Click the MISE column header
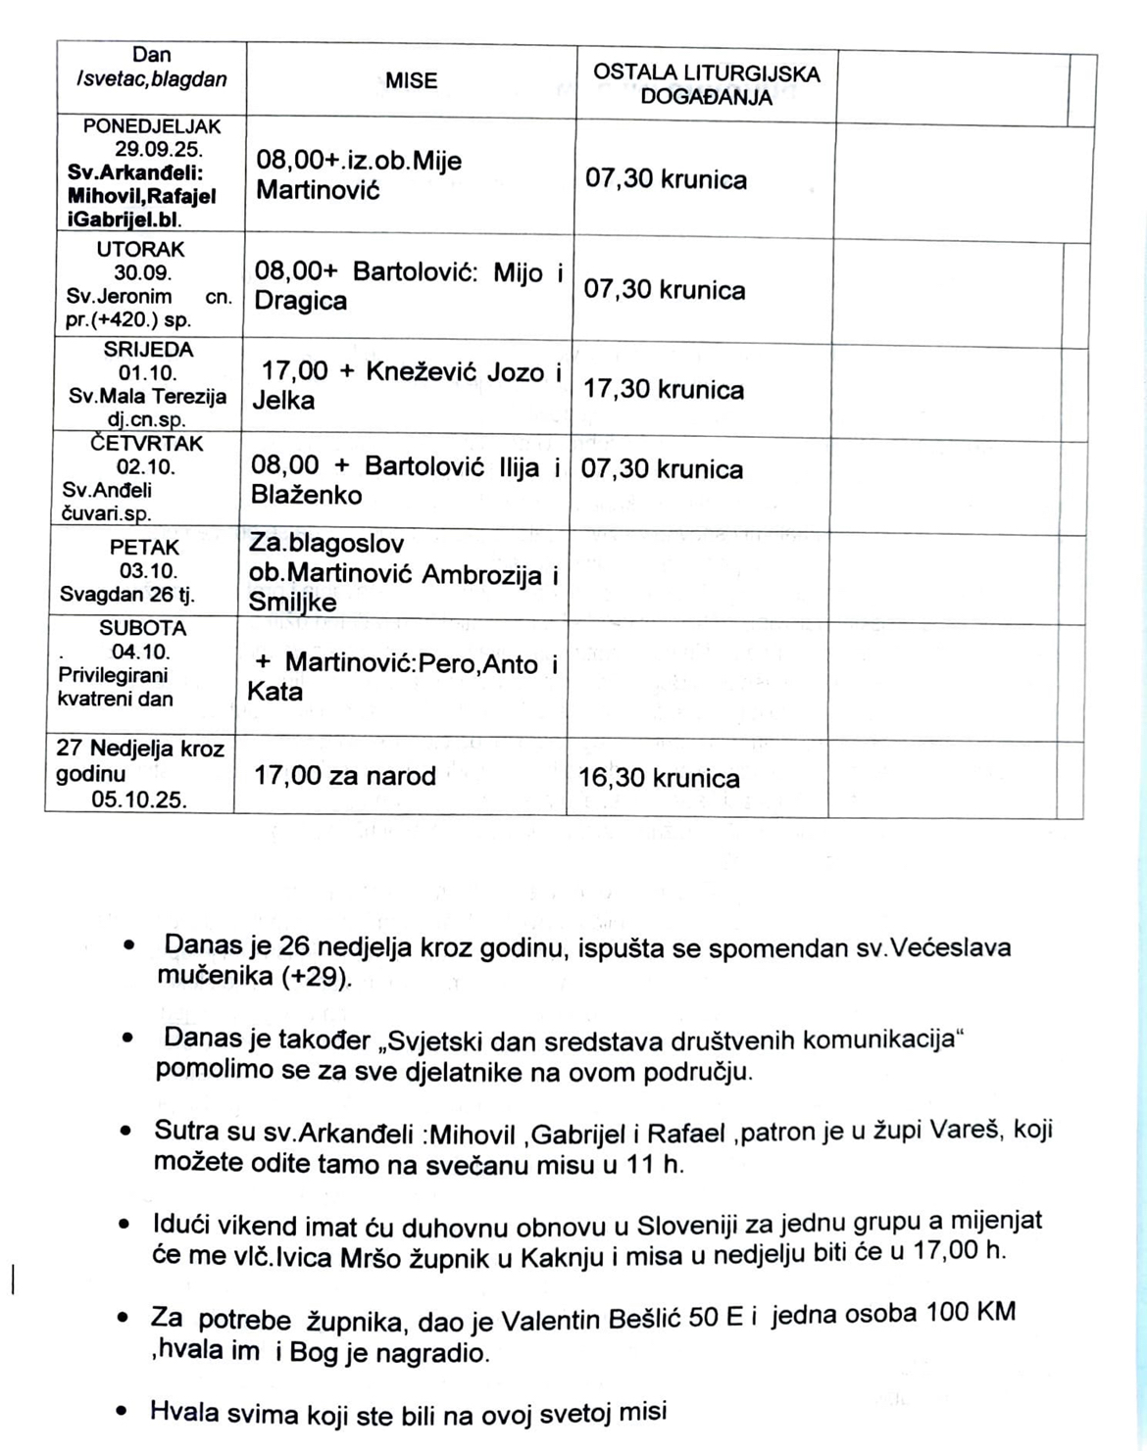coord(411,81)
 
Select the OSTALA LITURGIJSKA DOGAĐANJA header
coord(706,84)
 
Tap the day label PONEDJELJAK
coord(152,126)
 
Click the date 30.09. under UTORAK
coord(142,272)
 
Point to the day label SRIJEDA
coord(148,349)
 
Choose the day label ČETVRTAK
coord(147,443)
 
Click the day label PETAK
coord(144,547)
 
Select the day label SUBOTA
coord(142,628)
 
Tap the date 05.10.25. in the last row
coord(139,799)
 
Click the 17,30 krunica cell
coord(664,390)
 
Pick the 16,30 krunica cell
coord(659,778)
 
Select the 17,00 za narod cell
coord(345,776)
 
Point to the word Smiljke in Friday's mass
coord(292,602)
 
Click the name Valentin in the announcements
coord(548,1322)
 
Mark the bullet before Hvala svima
coord(122,1412)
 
